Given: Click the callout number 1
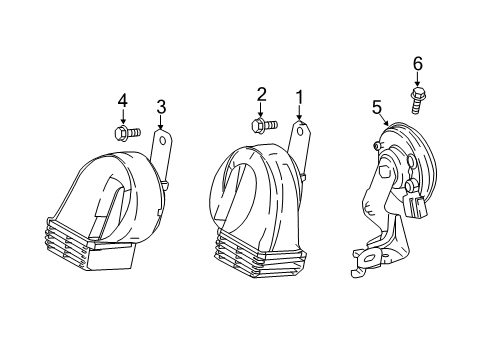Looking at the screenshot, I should [298, 98].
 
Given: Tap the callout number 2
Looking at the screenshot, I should [262, 95].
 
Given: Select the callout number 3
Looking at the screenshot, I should [160, 107].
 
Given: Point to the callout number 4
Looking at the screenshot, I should [123, 101].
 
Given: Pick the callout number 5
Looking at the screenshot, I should [377, 106].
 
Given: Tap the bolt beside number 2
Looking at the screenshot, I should [263, 126].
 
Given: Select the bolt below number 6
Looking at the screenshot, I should [417, 100].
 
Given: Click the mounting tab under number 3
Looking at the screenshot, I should [160, 150].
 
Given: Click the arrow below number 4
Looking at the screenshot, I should [123, 116].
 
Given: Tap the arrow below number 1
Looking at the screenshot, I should [298, 113].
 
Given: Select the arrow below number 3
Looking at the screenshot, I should [160, 121].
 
